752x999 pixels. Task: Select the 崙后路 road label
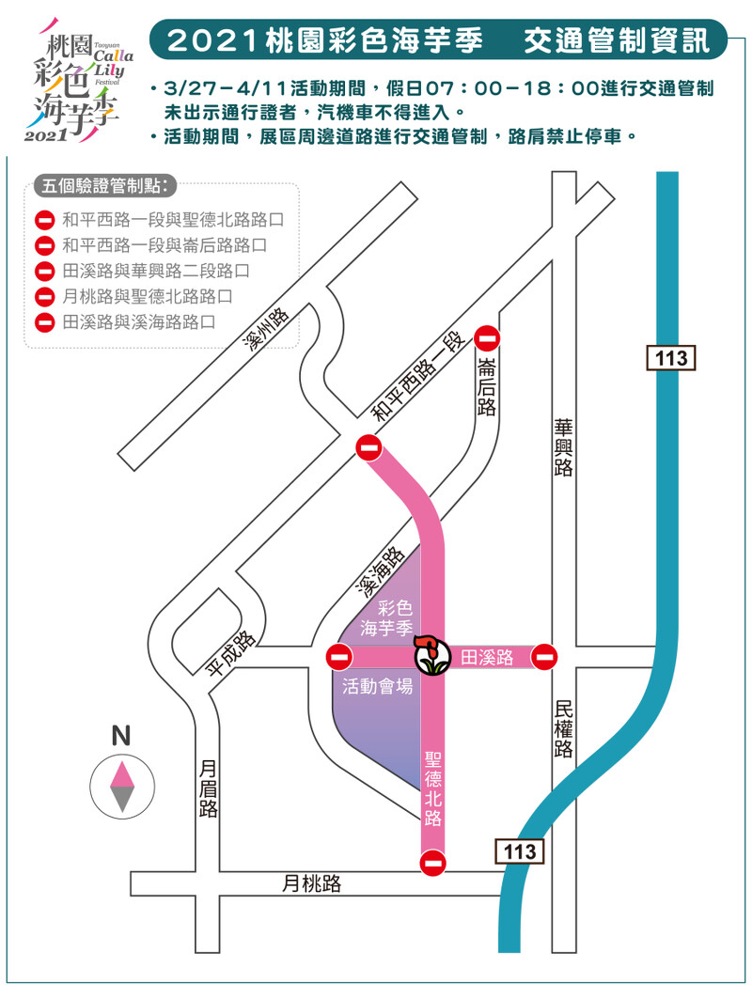[486, 386]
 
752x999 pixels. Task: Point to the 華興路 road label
[563, 447]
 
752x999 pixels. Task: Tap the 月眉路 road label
[209, 789]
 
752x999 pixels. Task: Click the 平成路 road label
[231, 652]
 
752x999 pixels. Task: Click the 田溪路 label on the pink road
[487, 658]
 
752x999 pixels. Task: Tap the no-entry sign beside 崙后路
[487, 338]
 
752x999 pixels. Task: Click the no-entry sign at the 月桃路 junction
[433, 863]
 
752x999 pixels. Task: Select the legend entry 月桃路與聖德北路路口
[147, 296]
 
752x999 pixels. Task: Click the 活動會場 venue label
[377, 686]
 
